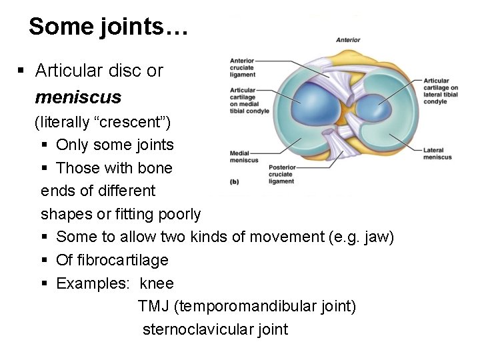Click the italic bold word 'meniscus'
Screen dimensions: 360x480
point(78,97)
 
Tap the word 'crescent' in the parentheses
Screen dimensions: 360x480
point(137,123)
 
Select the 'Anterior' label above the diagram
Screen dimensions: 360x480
point(347,40)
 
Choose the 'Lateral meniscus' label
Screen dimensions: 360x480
point(437,153)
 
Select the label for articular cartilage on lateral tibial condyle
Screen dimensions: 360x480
point(440,91)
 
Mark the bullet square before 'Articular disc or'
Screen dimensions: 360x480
point(22,70)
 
